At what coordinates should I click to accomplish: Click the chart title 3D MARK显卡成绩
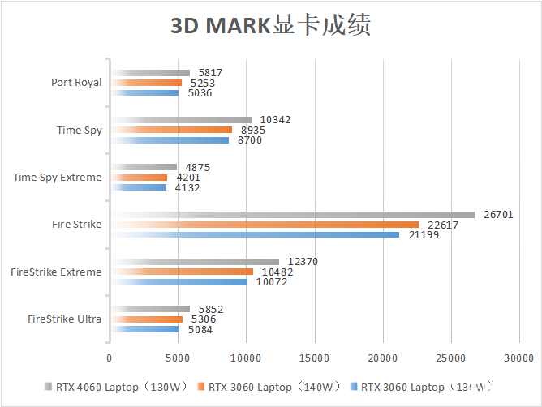click(270, 26)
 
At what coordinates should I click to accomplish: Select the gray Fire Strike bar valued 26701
click(292, 215)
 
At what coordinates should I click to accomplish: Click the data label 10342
click(275, 120)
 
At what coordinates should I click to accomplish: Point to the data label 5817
click(210, 73)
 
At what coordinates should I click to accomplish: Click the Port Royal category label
click(76, 83)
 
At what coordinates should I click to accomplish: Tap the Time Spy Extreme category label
click(58, 178)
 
